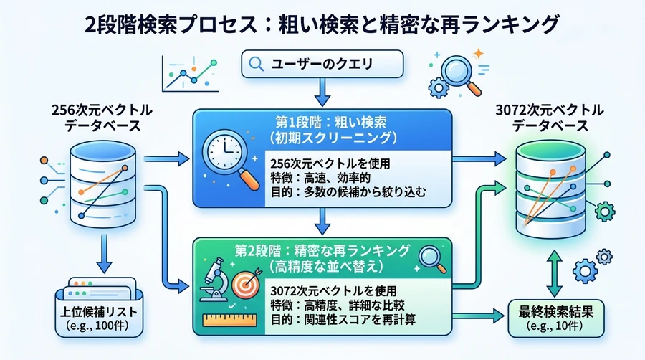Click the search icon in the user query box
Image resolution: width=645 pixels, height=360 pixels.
click(x=257, y=64)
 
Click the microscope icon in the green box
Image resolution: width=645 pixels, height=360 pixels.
click(x=214, y=280)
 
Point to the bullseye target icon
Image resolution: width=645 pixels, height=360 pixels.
click(x=245, y=284)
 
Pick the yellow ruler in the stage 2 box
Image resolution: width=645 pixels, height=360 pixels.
click(x=229, y=320)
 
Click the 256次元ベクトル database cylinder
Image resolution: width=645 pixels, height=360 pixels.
click(x=102, y=184)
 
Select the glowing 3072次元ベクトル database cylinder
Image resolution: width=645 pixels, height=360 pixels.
click(x=551, y=189)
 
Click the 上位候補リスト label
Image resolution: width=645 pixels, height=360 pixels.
click(x=99, y=311)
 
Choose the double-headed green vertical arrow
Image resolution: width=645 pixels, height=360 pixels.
click(x=554, y=273)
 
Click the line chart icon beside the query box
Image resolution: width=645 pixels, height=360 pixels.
click(x=190, y=74)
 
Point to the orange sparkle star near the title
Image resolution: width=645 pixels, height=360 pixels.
click(x=478, y=54)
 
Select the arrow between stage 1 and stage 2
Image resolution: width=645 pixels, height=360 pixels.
click(x=322, y=222)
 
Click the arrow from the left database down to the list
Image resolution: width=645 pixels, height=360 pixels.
click(x=104, y=253)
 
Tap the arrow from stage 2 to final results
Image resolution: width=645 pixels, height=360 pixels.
click(x=478, y=316)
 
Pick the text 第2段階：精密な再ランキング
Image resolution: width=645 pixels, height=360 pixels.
click(x=322, y=250)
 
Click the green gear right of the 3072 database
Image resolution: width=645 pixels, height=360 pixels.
click(x=605, y=212)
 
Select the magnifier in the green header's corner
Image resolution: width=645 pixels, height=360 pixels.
click(x=432, y=259)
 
